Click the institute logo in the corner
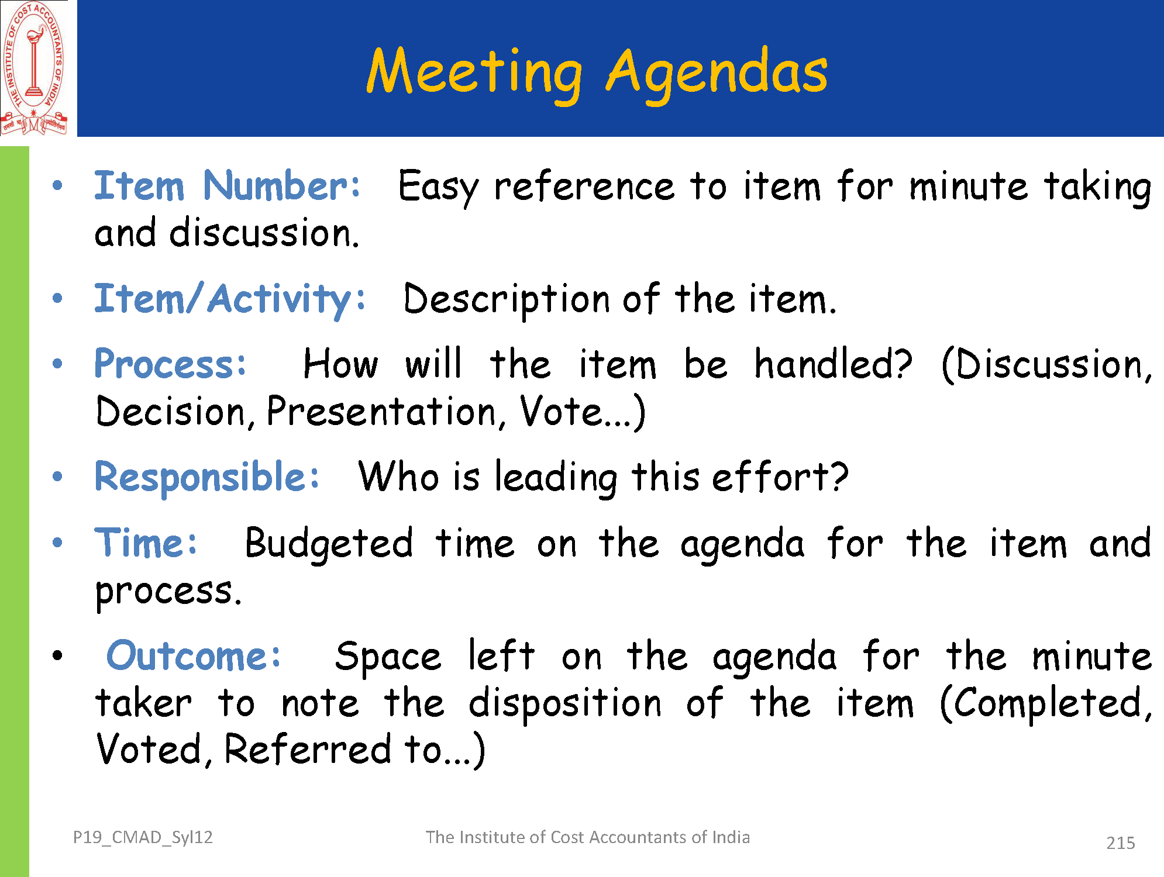click(34, 68)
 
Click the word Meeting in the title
click(474, 72)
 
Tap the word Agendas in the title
click(717, 72)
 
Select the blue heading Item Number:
click(227, 186)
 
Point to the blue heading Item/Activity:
click(229, 299)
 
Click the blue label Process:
click(170, 364)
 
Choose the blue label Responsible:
click(207, 478)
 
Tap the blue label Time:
click(146, 543)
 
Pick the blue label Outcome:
click(194, 655)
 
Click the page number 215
click(1120, 843)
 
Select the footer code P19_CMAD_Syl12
click(143, 837)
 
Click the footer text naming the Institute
click(587, 837)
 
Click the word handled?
click(833, 364)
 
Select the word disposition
click(565, 704)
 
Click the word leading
click(556, 478)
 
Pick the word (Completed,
click(1045, 704)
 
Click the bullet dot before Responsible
click(57, 477)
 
